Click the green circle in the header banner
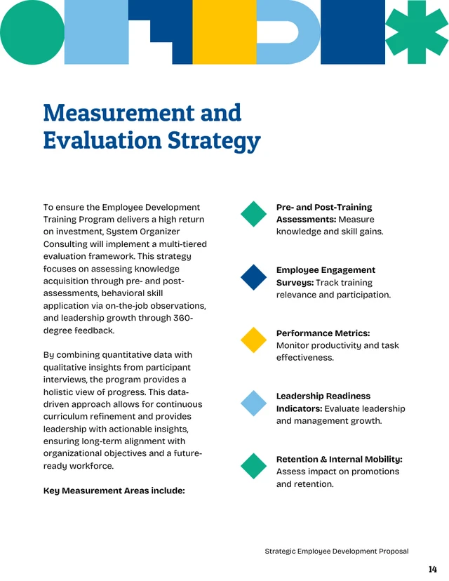32,32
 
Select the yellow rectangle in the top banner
224,32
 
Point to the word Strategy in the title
213,141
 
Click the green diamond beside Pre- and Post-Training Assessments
254,214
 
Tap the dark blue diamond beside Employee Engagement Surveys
254,277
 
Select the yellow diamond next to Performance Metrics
254,340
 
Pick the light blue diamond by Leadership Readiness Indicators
254,403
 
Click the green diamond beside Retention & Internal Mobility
254,467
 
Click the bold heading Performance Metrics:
323,333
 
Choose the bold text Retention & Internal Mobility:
339,460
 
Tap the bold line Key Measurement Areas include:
114,491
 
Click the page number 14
432,569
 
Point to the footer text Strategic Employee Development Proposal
336,552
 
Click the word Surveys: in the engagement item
295,283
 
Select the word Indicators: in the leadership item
300,409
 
